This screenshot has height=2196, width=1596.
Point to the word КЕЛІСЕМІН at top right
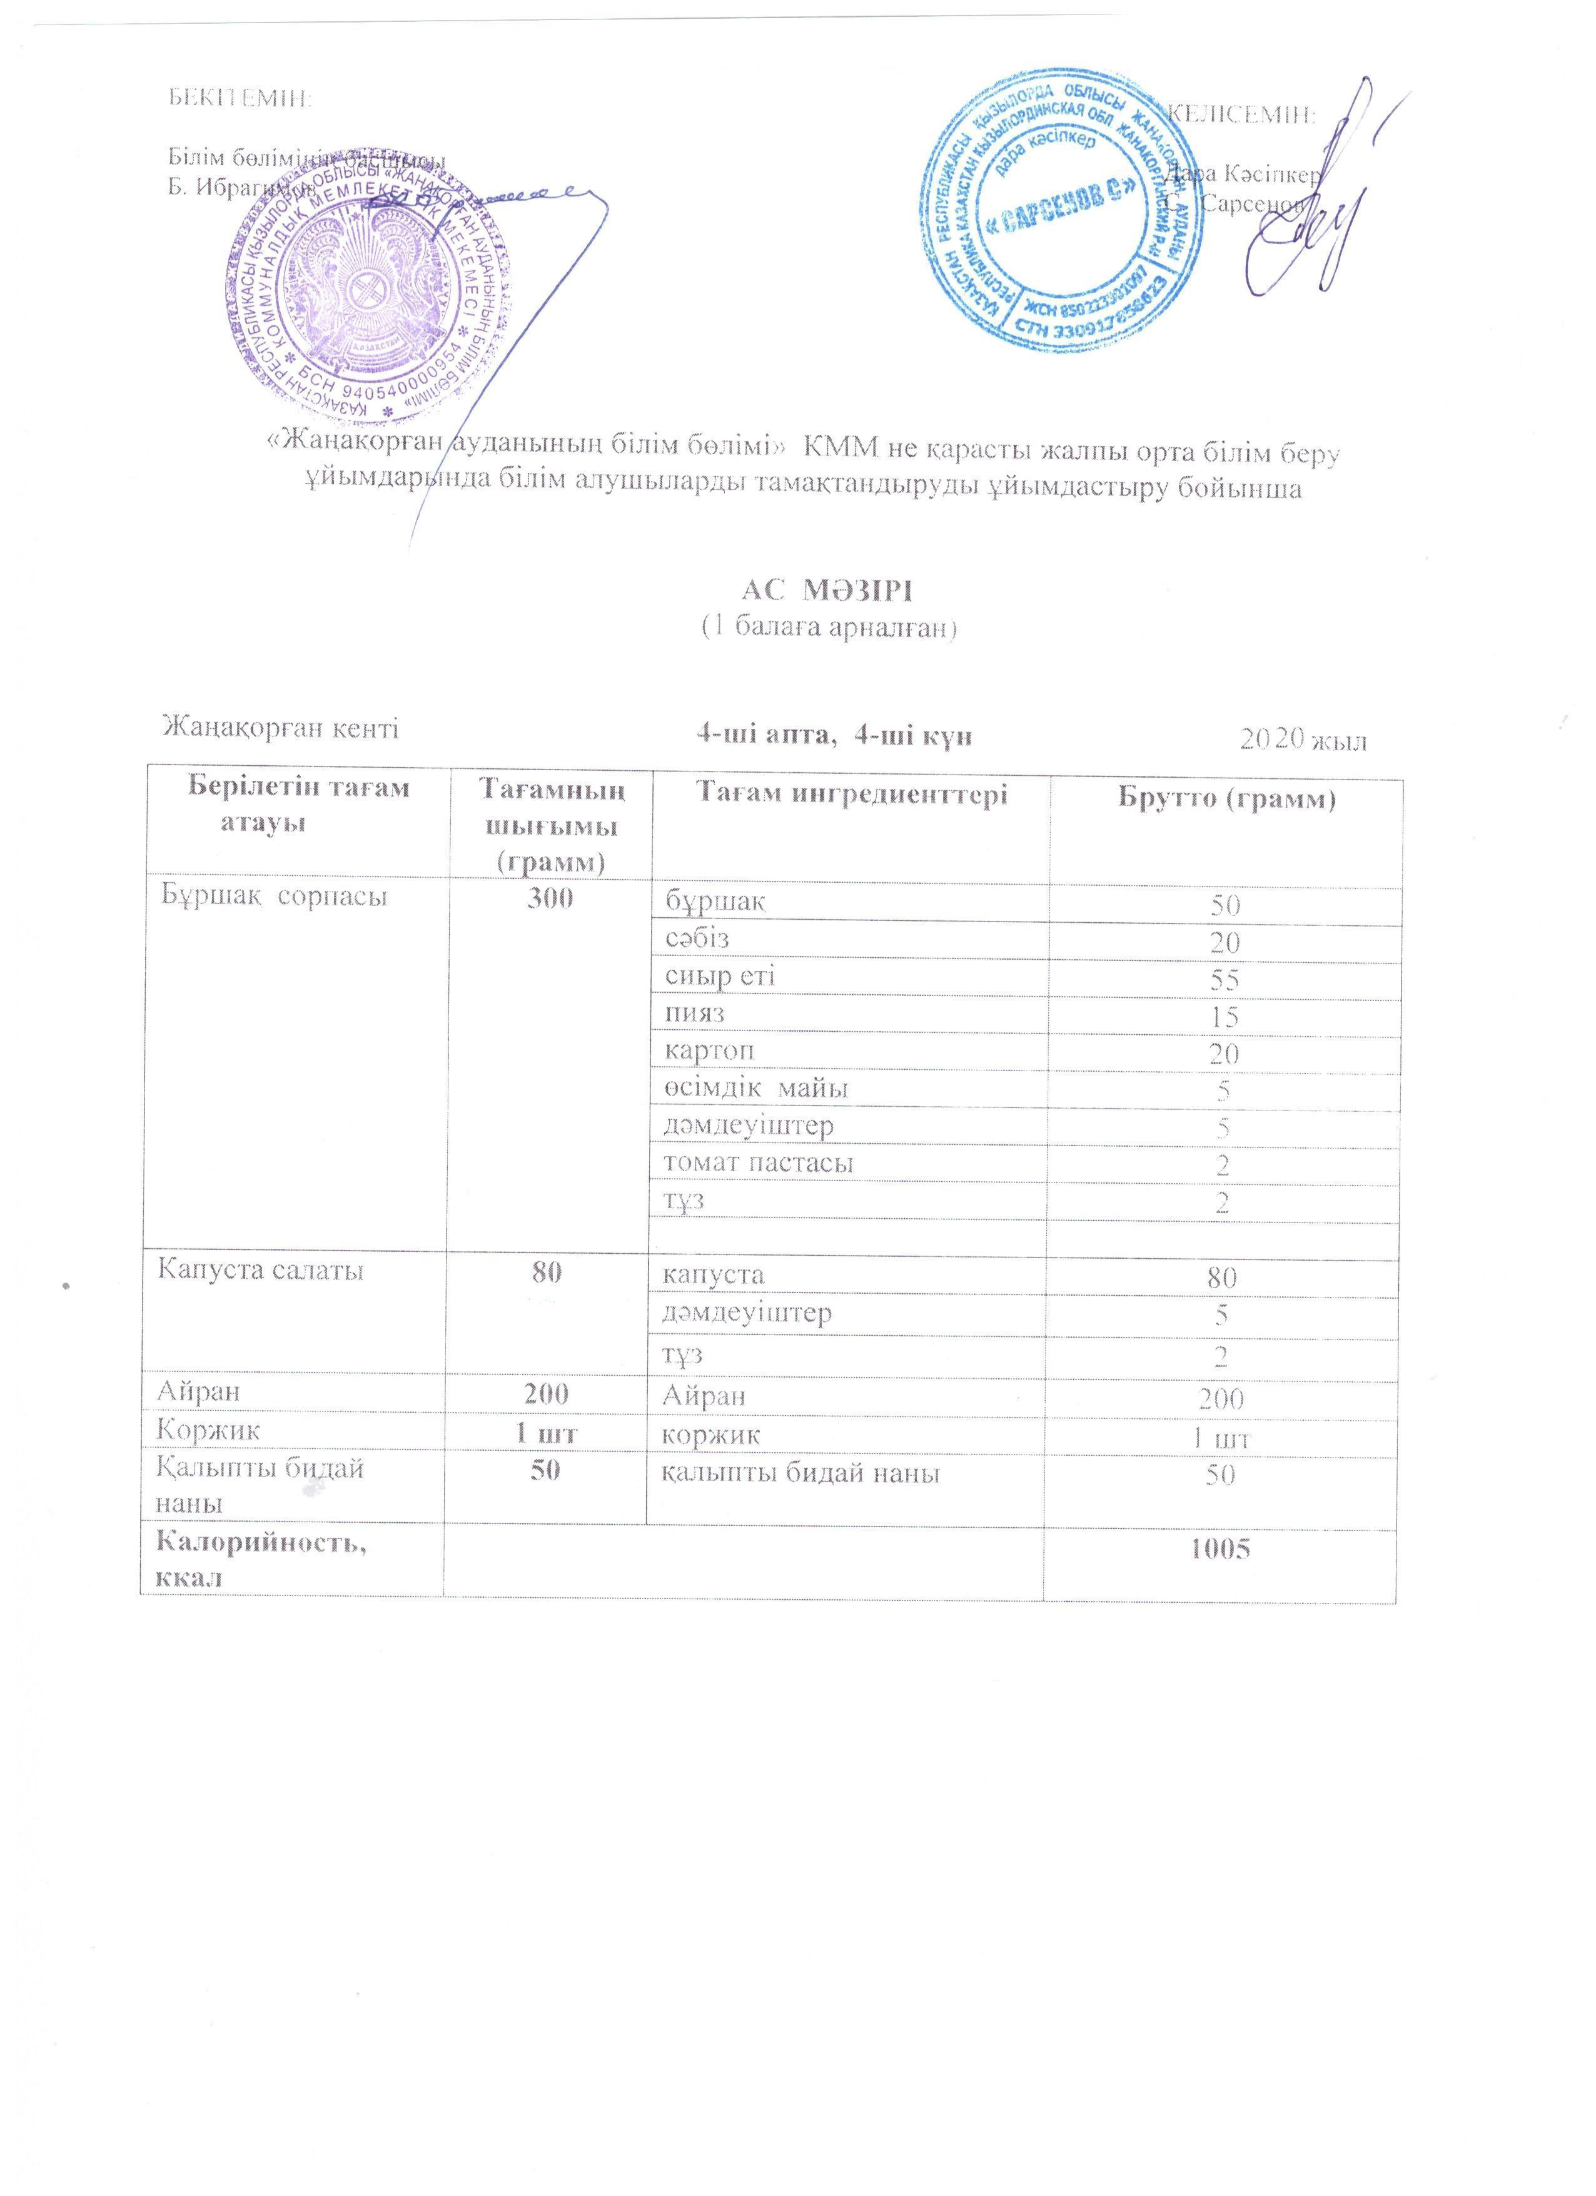click(x=1242, y=115)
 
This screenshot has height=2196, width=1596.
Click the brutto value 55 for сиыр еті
click(x=1223, y=980)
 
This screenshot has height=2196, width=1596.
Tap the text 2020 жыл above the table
click(x=1303, y=741)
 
